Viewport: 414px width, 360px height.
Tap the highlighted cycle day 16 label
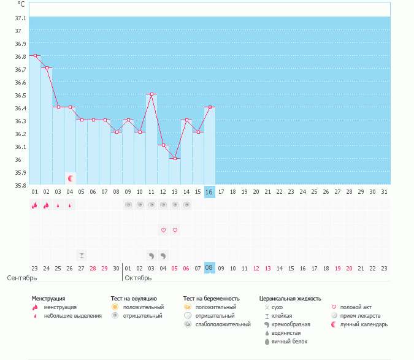click(x=209, y=192)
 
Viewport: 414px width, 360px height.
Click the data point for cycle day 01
click(x=35, y=56)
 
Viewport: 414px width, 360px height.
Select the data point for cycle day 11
click(x=151, y=94)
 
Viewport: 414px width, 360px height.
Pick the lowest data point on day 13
click(x=175, y=159)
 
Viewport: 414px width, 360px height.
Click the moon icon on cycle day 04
click(x=71, y=178)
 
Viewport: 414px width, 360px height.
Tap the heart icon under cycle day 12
click(x=163, y=230)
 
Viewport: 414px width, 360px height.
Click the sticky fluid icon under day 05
click(x=82, y=255)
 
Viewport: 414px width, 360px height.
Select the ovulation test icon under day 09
click(x=128, y=205)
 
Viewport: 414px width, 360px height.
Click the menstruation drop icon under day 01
click(x=35, y=205)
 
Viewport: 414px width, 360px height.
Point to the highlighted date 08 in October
click(x=209, y=268)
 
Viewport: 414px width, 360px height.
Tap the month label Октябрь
click(x=138, y=278)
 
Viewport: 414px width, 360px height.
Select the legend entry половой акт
click(x=356, y=307)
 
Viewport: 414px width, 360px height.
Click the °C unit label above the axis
click(x=21, y=4)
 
